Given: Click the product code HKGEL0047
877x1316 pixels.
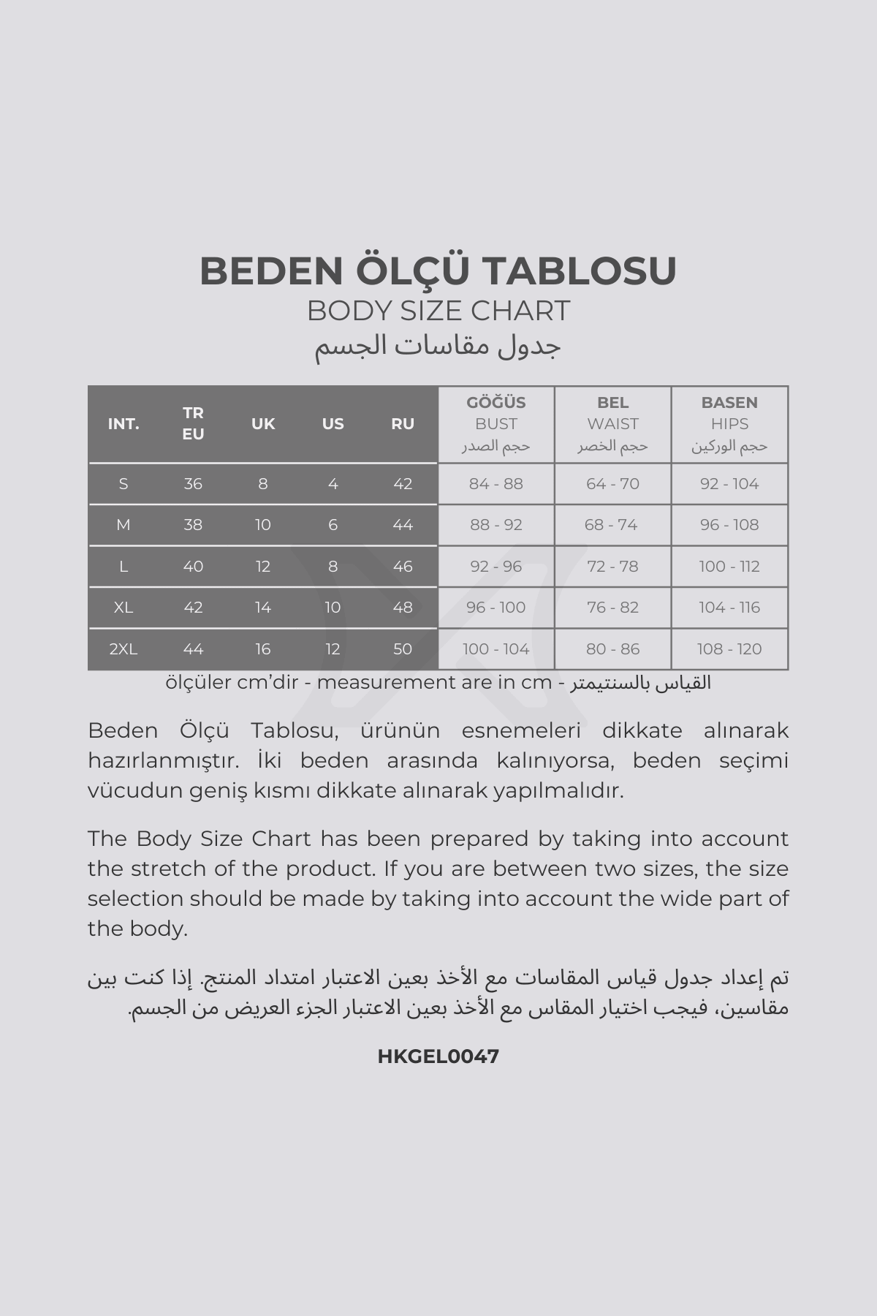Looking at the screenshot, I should point(438,1056).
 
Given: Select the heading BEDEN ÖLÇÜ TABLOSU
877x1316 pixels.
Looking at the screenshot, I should point(438,271).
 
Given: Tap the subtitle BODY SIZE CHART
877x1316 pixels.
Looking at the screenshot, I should point(438,311).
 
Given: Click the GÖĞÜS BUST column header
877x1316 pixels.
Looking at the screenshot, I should point(496,423).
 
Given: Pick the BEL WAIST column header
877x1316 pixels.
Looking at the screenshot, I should point(612,423).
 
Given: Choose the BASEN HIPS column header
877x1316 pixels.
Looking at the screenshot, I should point(729,423).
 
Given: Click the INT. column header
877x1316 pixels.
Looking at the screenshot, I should point(124,424).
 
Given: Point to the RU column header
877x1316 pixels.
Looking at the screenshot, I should point(403,424).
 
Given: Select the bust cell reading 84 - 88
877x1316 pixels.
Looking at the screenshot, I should point(496,484).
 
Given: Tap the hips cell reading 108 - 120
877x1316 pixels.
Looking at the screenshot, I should point(729,649).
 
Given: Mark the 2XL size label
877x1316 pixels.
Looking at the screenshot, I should point(124,649).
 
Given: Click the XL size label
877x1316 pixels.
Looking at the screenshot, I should point(124,608).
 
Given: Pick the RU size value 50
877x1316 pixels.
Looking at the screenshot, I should point(403,649).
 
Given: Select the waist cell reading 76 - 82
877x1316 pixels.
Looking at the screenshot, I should point(612,608).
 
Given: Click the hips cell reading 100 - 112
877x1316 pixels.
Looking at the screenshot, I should point(729,567).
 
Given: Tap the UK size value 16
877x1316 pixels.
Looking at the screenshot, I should point(263,649).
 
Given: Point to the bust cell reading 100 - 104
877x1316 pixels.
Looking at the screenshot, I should point(496,649).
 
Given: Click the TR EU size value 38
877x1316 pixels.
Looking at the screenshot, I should point(193,525).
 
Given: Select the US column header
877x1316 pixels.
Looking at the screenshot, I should point(333,424).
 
